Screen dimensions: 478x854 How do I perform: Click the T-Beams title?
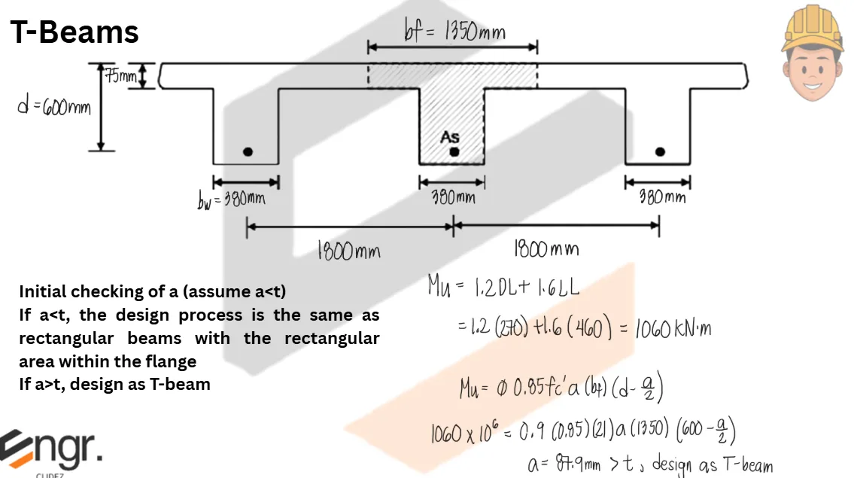[x=74, y=32]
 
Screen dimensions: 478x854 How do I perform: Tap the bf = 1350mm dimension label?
[x=454, y=32]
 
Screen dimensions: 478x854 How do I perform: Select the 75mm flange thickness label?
[x=120, y=76]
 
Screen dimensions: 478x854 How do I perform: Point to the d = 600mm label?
[x=54, y=108]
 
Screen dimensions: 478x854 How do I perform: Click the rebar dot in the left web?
[x=248, y=152]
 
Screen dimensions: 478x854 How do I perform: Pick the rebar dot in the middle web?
[x=454, y=152]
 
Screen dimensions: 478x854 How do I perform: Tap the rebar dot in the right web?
[x=660, y=152]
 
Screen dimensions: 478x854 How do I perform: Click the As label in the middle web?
[x=450, y=137]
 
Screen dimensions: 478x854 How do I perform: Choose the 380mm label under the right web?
[x=662, y=198]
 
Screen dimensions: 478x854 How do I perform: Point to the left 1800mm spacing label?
[x=348, y=251]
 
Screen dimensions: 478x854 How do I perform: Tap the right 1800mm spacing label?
[x=546, y=248]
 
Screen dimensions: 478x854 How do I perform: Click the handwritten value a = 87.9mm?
[x=564, y=464]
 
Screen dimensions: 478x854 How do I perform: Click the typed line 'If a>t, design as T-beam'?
[x=114, y=384]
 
